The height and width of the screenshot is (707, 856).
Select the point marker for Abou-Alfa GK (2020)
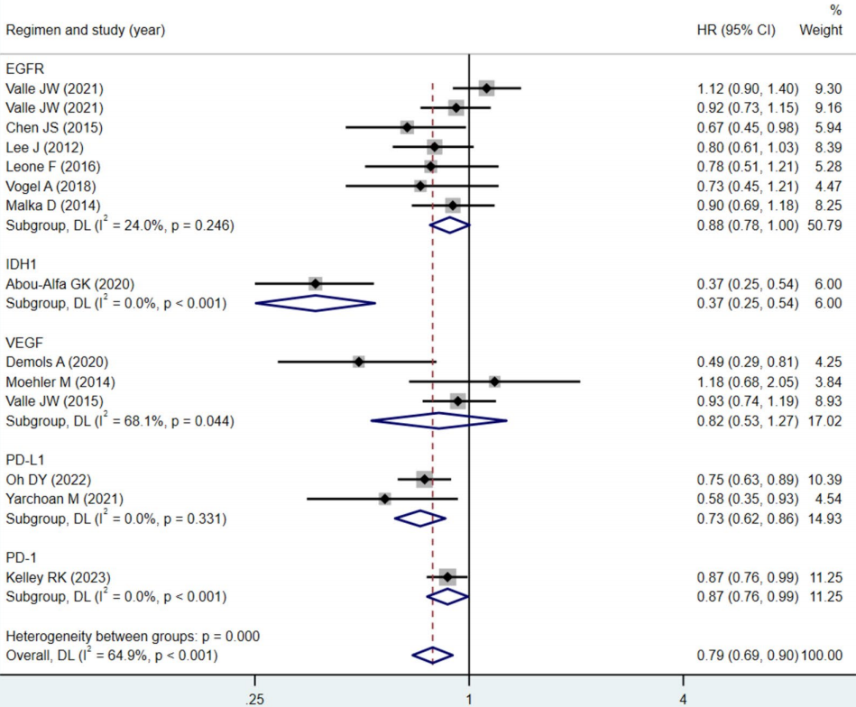315,283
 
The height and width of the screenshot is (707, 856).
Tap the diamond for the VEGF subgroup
439,420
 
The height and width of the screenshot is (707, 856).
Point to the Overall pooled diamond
432,655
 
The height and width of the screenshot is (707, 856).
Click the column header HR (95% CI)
731,30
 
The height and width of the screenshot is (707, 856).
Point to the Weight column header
821,30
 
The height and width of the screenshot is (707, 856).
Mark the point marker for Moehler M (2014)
494,381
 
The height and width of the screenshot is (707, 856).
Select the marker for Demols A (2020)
359,362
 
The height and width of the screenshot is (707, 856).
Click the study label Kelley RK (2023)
54,576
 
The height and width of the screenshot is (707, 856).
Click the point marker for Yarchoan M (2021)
385,499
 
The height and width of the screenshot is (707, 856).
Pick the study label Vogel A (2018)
50,186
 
